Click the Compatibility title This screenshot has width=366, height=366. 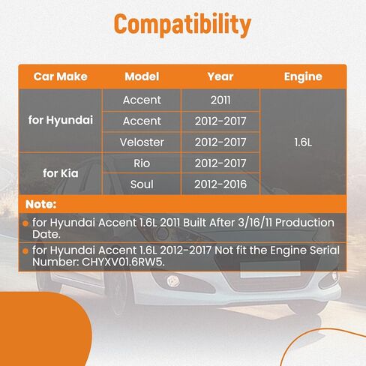coord(182,25)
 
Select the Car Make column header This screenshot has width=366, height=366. coord(61,76)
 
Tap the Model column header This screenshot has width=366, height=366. coord(142,76)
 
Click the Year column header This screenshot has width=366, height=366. coord(220,76)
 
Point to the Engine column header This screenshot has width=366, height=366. coord(303,76)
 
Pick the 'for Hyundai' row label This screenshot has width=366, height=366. coord(61,120)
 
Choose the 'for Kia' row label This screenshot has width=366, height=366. coord(61,173)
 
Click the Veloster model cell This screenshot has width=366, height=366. coord(142,142)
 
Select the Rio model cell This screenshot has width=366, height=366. coord(142,163)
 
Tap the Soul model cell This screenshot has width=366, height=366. coord(142,184)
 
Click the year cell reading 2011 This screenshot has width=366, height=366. coord(220,100)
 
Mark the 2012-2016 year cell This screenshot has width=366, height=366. coord(220,184)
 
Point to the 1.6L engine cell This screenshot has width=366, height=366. coord(303,142)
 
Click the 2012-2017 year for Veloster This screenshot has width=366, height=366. coord(220,142)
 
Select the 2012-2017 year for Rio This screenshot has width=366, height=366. coord(220,163)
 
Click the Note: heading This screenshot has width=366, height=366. coord(40,204)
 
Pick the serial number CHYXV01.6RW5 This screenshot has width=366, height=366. coord(123,262)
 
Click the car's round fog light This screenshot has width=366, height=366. coord(173,281)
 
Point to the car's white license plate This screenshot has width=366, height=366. coord(270,269)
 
